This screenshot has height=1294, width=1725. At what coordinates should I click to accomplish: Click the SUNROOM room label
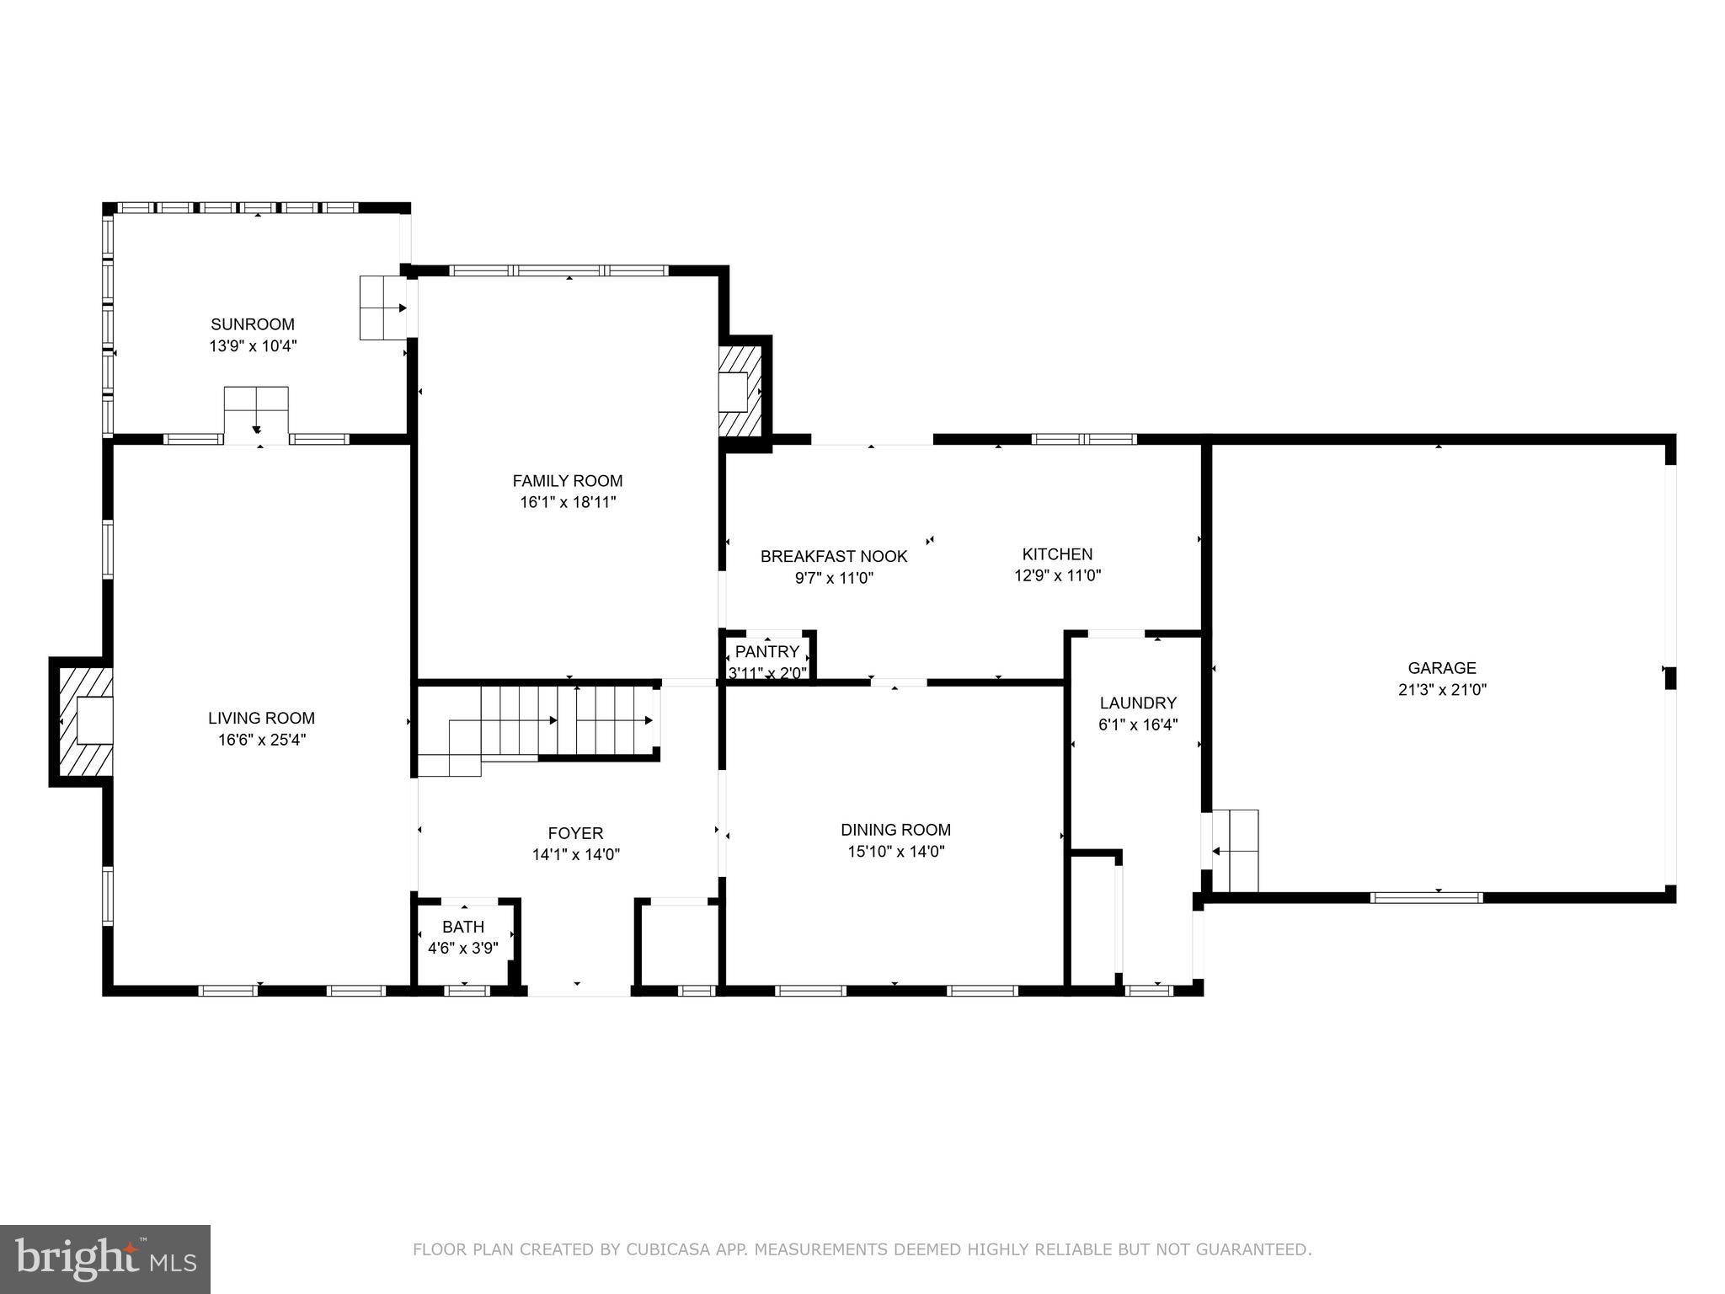253,324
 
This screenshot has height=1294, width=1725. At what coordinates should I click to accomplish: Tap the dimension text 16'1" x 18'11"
568,503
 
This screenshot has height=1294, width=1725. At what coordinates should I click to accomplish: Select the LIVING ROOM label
261,718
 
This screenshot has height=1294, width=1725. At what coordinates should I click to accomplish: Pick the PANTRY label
766,651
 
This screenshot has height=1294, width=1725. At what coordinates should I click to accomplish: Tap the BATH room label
463,927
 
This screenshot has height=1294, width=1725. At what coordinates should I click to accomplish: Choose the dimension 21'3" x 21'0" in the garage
1441,690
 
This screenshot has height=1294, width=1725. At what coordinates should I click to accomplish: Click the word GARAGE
1442,668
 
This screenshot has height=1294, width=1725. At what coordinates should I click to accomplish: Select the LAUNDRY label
1137,703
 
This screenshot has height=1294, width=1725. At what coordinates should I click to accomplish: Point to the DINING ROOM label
895,830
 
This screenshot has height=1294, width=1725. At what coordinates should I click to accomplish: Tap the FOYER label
575,833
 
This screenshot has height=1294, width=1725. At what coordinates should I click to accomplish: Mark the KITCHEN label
1057,554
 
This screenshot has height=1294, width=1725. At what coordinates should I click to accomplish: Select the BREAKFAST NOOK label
834,556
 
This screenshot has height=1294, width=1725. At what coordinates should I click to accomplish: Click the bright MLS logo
104,1259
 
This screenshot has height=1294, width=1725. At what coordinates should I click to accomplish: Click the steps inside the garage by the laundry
1235,851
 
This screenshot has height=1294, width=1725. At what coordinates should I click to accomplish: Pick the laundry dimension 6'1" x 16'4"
1137,725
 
